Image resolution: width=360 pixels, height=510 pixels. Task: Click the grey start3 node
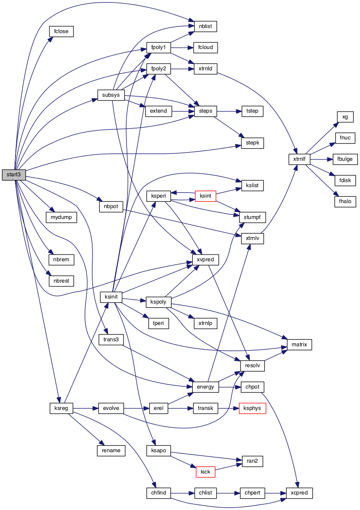[x=14, y=175]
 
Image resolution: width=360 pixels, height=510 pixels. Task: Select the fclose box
[x=61, y=31]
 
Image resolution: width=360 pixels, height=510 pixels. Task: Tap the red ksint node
[x=206, y=196]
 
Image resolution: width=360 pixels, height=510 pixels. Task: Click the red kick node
[x=205, y=472]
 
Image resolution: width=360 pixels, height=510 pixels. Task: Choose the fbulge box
[x=345, y=159]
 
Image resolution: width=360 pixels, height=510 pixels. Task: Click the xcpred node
[x=299, y=493]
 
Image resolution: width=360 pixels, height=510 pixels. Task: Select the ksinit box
[x=111, y=297]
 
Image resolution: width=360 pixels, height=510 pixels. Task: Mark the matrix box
[x=299, y=345]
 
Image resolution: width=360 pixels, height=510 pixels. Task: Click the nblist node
[x=205, y=26]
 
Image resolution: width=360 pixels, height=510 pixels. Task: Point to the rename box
[x=111, y=451]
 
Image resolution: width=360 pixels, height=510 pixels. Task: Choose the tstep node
[x=252, y=111]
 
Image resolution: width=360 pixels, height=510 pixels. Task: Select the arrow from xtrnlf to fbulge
[x=321, y=159]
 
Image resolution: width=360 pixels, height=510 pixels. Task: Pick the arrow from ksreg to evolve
[x=85, y=408]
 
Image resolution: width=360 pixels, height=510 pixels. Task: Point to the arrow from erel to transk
[x=180, y=408]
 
